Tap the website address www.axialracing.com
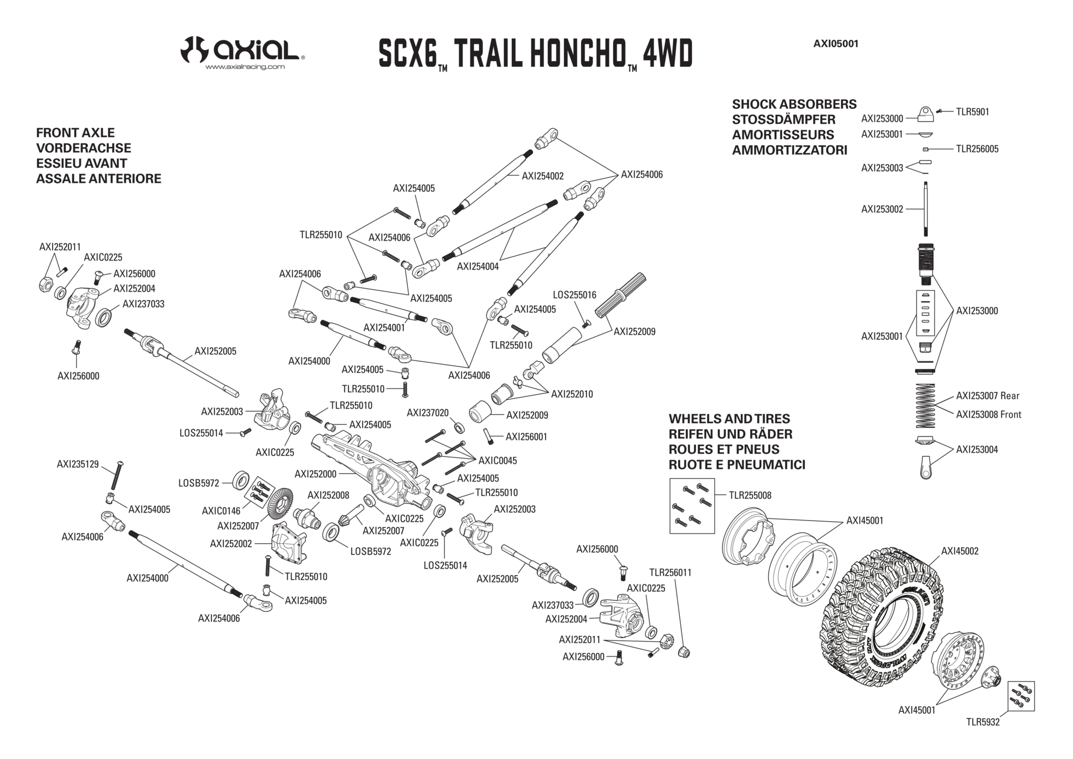245,67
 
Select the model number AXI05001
836,44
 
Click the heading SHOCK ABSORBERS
794,104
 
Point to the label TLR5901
973,112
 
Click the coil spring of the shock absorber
925,405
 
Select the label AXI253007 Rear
988,396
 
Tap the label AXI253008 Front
989,414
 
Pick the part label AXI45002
960,551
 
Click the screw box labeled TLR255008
692,506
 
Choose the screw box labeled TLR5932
1021,696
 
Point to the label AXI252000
315,474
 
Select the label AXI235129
78,464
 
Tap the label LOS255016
575,295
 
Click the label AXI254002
543,176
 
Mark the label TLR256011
670,573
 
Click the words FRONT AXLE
75,133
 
